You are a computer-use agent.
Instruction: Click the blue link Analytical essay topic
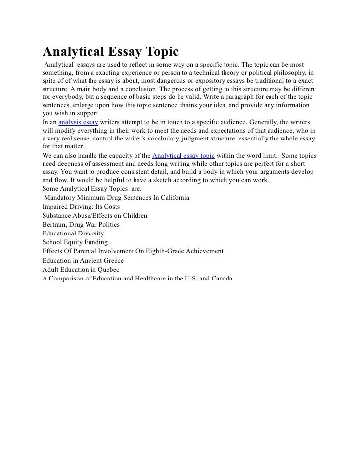[x=183, y=156]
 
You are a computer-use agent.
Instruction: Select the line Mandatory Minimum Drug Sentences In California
[x=117, y=198]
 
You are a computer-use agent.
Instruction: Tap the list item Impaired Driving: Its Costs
[x=81, y=207]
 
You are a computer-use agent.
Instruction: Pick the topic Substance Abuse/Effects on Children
[x=95, y=216]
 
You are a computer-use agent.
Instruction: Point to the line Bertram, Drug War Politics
[x=81, y=225]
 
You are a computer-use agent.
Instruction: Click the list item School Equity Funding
[x=75, y=242]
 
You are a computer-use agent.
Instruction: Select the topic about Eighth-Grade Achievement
[x=133, y=251]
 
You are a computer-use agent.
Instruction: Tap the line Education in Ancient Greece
[x=83, y=260]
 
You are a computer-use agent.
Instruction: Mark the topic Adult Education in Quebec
[x=81, y=269]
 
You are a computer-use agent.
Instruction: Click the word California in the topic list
[x=174, y=198]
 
